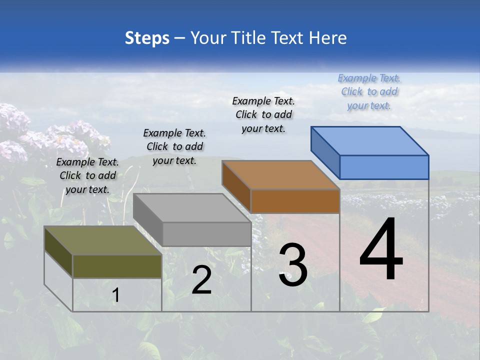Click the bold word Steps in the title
coord(147,38)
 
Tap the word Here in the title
coord(328,38)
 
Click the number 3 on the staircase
coord(293,265)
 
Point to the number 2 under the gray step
coord(201,280)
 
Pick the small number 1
coord(115,295)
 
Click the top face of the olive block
coord(103,240)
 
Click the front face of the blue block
coord(384,167)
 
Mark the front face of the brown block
coord(295,201)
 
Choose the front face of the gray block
coord(206,234)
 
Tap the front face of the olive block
coord(117,266)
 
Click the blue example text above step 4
coord(369,91)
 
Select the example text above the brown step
coord(263,114)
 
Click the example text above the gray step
coord(174,146)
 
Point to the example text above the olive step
coord(87,175)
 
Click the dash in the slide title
coord(180,38)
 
